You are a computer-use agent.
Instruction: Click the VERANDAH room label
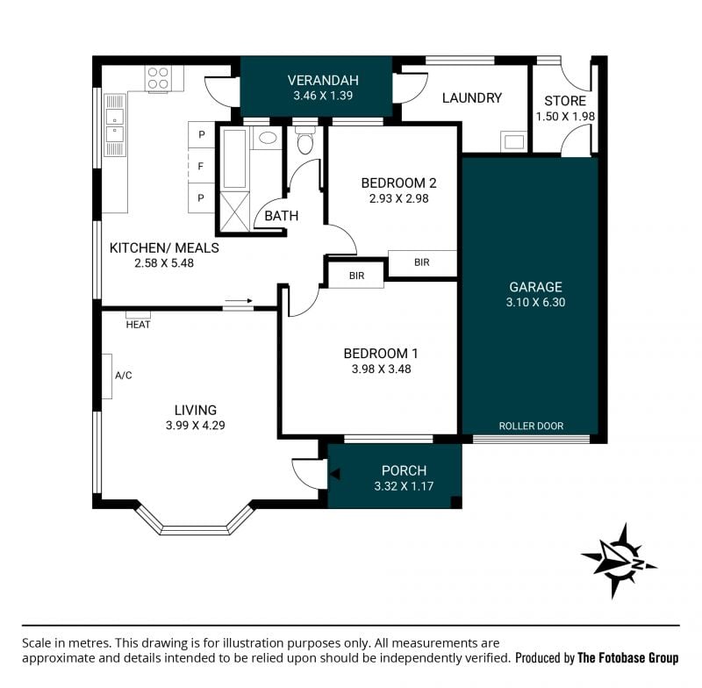point(323,80)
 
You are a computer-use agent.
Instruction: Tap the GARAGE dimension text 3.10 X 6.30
point(535,302)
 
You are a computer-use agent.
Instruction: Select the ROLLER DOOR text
point(531,426)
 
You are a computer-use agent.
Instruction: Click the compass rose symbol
point(619,561)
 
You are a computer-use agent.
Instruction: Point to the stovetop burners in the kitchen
point(158,78)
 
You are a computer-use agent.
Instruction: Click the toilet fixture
point(305,140)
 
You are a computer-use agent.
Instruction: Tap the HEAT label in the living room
point(138,325)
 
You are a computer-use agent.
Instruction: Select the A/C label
point(124,375)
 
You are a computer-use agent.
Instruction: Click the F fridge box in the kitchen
point(201,166)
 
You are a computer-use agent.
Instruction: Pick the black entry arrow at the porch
point(335,474)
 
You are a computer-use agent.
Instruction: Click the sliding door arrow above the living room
point(239,301)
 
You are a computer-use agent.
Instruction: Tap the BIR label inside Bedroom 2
point(422,262)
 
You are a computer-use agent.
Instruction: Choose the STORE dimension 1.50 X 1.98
point(565,117)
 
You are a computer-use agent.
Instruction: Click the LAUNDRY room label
point(472,97)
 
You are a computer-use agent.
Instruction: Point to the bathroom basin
point(268,138)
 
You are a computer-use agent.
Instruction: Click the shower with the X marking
point(234,212)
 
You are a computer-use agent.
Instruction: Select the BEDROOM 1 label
point(381,354)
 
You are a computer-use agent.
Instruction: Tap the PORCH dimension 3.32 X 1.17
point(404,486)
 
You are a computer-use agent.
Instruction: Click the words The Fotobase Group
point(628,657)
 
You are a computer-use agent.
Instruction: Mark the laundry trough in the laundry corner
point(513,141)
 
